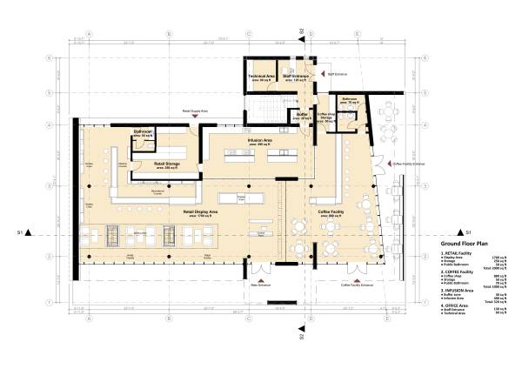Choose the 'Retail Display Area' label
199,211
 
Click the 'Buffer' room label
302,114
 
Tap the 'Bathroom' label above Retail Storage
143,132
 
